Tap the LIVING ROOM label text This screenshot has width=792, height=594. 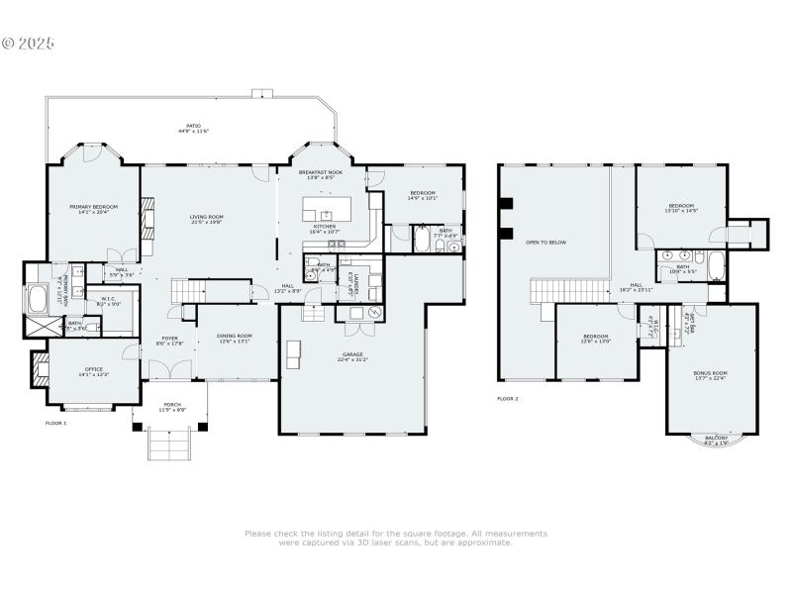point(207,219)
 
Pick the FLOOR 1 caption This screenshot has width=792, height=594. point(56,423)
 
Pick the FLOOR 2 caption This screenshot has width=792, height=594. point(507,399)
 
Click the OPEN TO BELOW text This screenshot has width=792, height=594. point(545,242)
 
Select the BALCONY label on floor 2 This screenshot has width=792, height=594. point(715,440)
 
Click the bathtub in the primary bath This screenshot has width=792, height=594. point(39,298)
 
